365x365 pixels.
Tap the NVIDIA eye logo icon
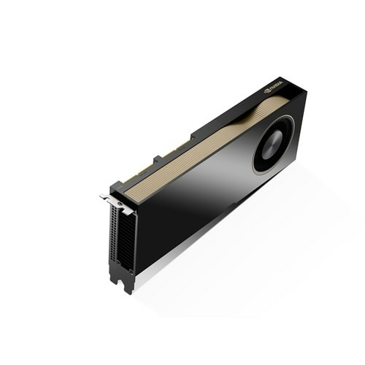point(268,91)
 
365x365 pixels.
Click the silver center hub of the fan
point(274,143)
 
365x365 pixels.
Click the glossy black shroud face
point(197,204)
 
